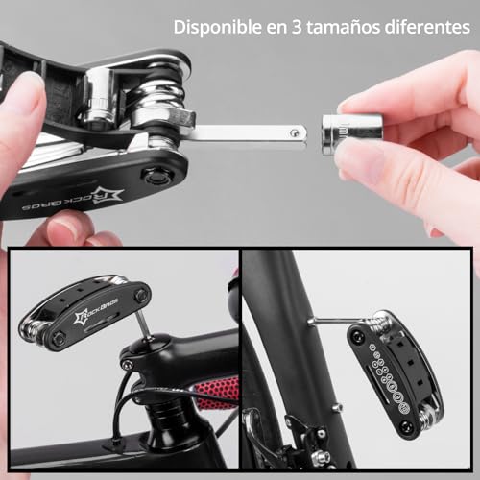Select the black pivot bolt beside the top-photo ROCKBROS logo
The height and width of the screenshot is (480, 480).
[x=154, y=177]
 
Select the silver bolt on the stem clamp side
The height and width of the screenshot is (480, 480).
[x=127, y=365]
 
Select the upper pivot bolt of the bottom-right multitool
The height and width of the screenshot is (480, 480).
[x=357, y=335]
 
